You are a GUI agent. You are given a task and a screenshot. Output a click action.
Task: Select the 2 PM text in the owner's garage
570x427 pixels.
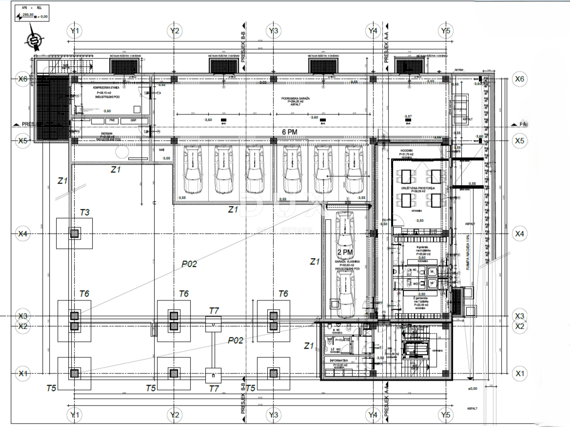tap(345, 252)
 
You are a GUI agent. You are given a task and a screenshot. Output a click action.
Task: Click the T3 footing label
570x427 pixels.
tap(85, 212)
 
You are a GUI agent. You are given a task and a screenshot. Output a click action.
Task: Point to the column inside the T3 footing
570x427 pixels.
tap(74, 234)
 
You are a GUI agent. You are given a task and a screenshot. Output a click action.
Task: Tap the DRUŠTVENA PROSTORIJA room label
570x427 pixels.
tap(418, 188)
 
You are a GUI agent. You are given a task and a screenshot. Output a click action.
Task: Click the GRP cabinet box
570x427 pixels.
tap(133, 120)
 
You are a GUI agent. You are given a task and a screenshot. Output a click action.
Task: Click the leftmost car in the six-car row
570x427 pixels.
tap(191, 168)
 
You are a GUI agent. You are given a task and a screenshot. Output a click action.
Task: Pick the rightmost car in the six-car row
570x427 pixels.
tap(354, 168)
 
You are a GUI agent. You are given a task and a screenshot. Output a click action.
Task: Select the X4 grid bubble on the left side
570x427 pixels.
tap(23, 234)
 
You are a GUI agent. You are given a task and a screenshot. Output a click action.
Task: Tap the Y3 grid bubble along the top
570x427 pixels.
tap(274, 31)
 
